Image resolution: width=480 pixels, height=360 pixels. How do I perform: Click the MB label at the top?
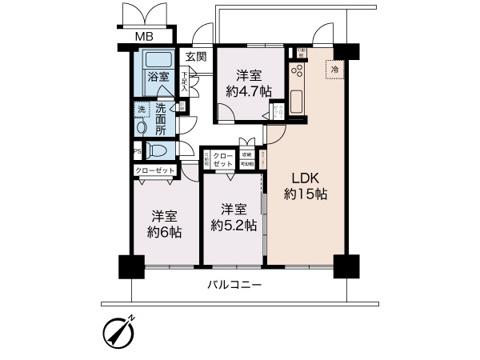tap(144, 37)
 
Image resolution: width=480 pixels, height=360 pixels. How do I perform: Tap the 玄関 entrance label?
tap(195, 57)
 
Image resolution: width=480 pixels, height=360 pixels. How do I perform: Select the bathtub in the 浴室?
tap(158, 60)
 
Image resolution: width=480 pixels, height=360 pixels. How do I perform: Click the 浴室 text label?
tap(158, 78)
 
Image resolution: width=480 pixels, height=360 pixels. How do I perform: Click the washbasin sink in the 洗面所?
tap(141, 126)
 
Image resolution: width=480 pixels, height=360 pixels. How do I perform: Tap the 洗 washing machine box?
tap(140, 109)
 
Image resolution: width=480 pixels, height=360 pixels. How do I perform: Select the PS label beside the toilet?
tap(136, 150)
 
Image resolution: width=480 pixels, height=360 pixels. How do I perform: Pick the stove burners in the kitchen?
tap(297, 73)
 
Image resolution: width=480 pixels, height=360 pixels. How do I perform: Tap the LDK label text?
tap(302, 177)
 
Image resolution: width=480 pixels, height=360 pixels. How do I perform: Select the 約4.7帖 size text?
tap(246, 92)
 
